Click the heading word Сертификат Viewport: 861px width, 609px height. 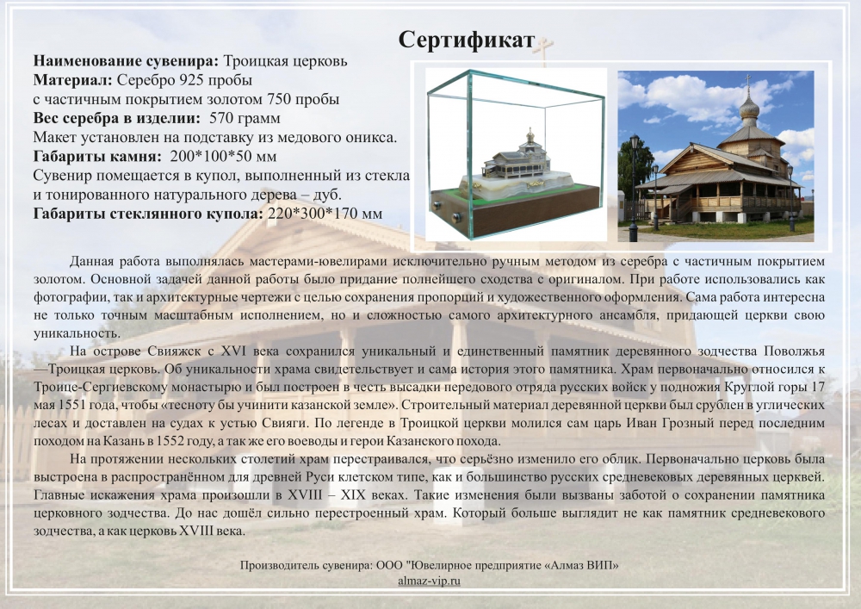466,40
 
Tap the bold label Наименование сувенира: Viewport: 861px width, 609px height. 127,61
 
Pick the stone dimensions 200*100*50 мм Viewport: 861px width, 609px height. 224,157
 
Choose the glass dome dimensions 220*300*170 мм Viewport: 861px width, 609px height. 325,214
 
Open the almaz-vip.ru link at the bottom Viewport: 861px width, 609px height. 430,581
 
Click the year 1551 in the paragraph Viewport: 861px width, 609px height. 69,405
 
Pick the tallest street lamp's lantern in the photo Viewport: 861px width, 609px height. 635,145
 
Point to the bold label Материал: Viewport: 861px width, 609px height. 73,80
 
